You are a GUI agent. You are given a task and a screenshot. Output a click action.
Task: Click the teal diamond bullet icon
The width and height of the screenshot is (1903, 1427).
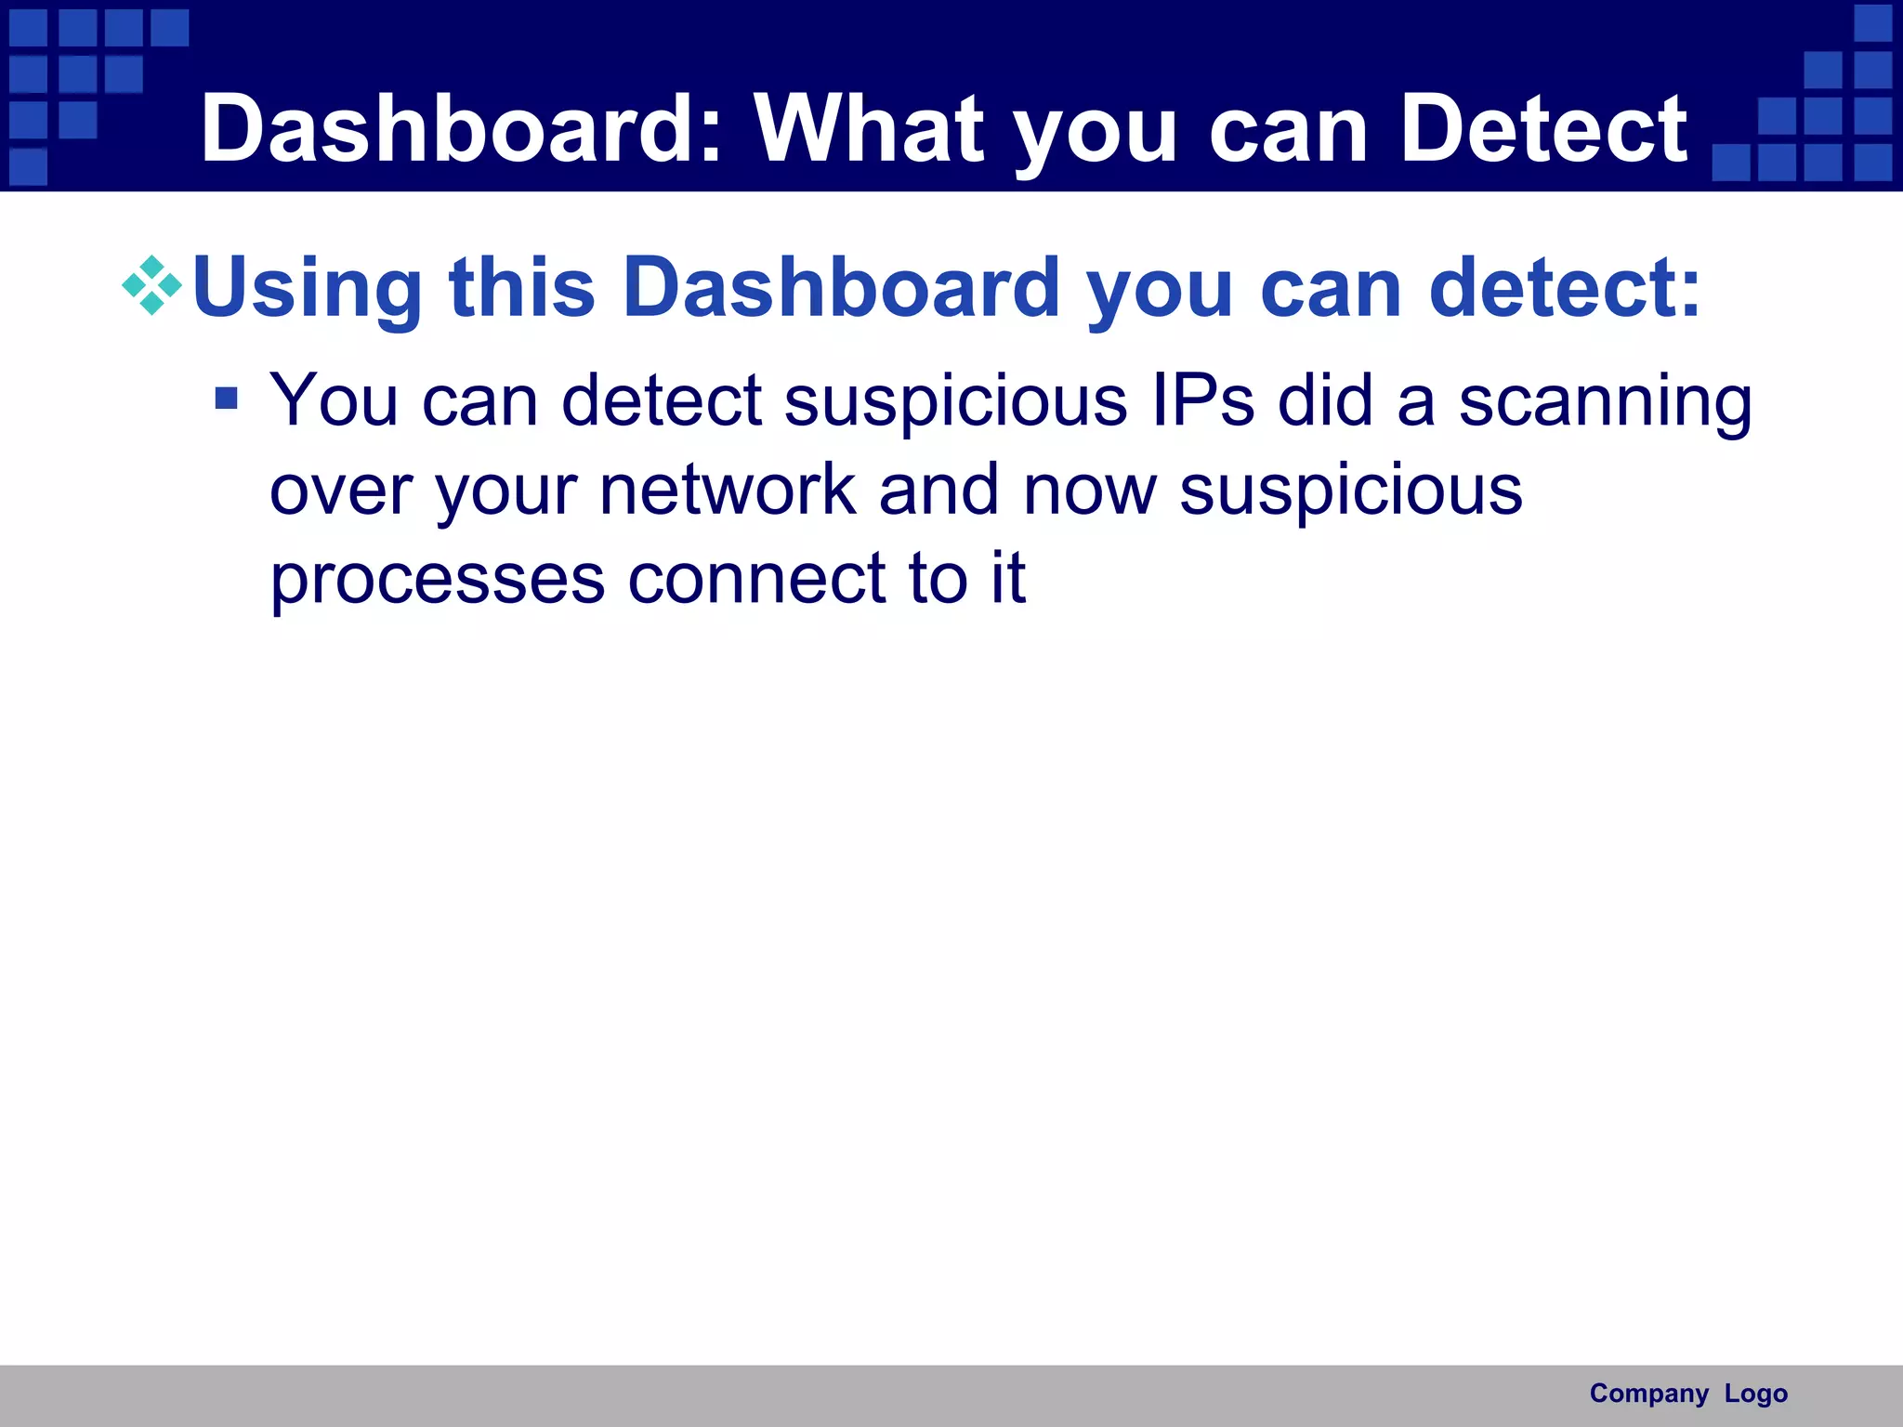click(151, 285)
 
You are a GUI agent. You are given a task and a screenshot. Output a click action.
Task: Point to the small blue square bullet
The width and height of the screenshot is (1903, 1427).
click(226, 399)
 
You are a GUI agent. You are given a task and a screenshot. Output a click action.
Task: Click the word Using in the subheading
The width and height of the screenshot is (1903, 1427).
click(308, 288)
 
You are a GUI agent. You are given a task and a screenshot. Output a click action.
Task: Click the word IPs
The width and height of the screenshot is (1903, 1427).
click(1202, 400)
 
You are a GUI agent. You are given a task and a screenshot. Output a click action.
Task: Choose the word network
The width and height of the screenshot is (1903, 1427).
click(728, 490)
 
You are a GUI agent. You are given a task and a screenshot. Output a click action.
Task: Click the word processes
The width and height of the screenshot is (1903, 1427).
click(438, 581)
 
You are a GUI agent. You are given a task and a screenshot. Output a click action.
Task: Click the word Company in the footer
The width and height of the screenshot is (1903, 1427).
click(1648, 1394)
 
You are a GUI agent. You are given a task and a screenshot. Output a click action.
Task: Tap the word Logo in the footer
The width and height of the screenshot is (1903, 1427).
click(1756, 1394)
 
